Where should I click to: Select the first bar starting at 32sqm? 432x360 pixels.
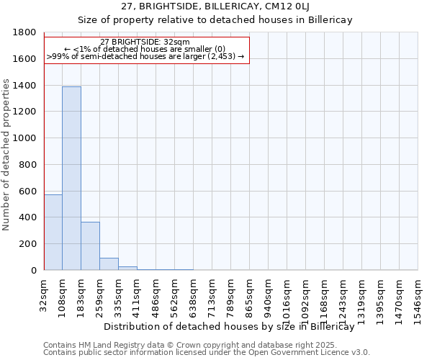click(x=53, y=233)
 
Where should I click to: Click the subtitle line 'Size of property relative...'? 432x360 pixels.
click(x=215, y=20)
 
